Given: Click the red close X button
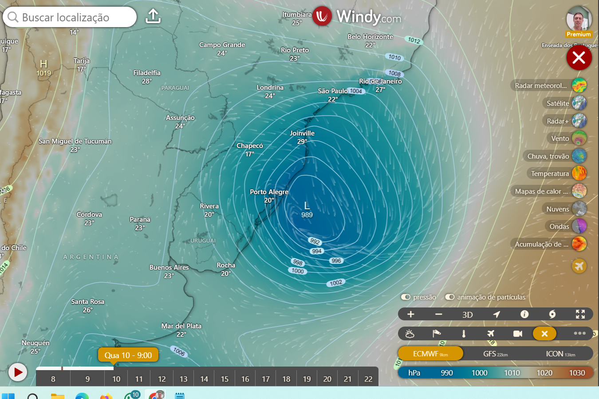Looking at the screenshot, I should click(x=579, y=58).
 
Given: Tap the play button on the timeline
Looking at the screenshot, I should click(x=18, y=372).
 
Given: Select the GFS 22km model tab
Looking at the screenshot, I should click(x=495, y=354).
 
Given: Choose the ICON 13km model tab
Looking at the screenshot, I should click(x=560, y=354).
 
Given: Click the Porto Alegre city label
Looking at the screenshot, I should click(x=269, y=192).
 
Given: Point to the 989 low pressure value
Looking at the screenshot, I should click(x=307, y=215).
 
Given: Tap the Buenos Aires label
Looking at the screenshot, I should click(x=169, y=267).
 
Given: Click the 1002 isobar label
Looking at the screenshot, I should click(x=336, y=283).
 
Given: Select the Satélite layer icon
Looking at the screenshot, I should click(x=579, y=103).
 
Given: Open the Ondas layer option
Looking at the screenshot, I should click(x=579, y=226).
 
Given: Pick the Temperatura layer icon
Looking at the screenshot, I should click(x=579, y=173).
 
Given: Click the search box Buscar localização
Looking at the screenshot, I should click(x=70, y=17).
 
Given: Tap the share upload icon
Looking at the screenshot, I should click(x=153, y=16).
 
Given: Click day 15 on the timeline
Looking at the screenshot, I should click(x=225, y=379).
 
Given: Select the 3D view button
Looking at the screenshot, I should click(x=467, y=315).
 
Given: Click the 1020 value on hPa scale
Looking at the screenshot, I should click(x=544, y=373).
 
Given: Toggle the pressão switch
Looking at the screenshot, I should click(x=406, y=297).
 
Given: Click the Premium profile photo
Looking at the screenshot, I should click(x=579, y=20).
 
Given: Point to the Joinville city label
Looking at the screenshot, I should click(x=302, y=133).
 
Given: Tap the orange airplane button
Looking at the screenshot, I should click(x=579, y=266).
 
